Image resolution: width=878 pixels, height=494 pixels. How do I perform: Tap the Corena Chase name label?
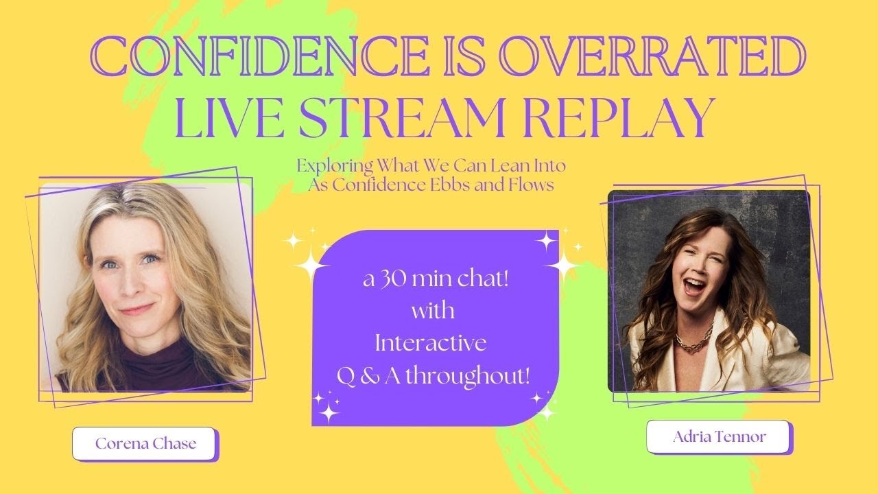[145, 443]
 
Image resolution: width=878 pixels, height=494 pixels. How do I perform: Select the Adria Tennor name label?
[720, 437]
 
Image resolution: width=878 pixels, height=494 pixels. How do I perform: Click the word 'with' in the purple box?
[432, 312]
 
